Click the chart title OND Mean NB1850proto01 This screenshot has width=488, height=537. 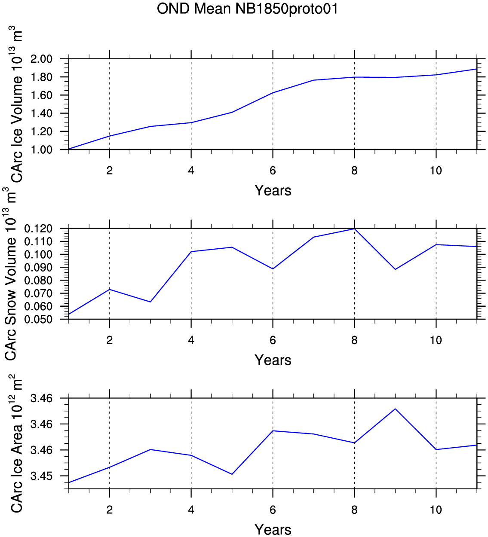click(x=247, y=9)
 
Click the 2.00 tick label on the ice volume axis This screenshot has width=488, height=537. click(x=41, y=58)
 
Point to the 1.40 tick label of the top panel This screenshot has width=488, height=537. click(x=41, y=113)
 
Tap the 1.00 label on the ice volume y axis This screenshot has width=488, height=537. click(x=41, y=150)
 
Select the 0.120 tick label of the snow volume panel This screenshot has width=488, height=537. click(x=38, y=229)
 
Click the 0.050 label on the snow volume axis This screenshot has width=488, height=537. click(x=38, y=319)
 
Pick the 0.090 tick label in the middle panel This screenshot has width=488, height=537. click(x=38, y=268)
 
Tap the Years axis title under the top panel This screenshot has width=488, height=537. click(x=273, y=191)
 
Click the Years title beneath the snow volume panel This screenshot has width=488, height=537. click(x=273, y=360)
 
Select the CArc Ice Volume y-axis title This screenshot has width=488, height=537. click(x=16, y=104)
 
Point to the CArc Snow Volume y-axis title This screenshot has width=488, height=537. click(x=11, y=274)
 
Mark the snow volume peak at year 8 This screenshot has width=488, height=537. click(x=355, y=229)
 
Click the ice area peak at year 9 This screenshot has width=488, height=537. click(x=395, y=409)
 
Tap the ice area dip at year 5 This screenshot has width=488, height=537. click(x=232, y=474)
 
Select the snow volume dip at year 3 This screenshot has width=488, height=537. click(x=150, y=302)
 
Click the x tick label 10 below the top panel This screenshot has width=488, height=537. click(x=436, y=171)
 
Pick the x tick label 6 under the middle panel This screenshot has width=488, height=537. click(x=273, y=340)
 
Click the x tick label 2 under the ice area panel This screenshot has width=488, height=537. click(x=109, y=510)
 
